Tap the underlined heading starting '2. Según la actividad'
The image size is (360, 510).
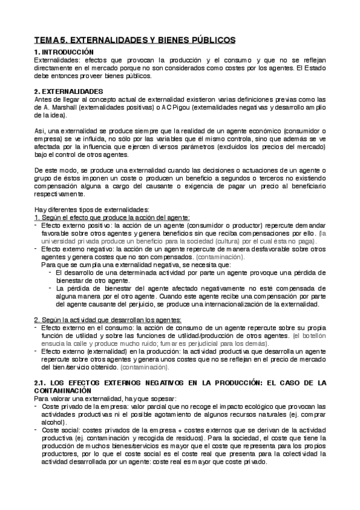108,319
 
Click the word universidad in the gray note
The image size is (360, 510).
57,240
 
